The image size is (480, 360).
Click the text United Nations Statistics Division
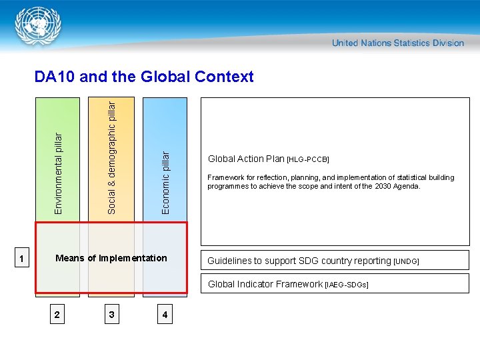[398, 43]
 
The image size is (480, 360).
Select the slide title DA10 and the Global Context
[144, 77]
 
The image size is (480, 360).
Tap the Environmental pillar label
[58, 173]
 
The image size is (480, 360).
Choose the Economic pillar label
[166, 181]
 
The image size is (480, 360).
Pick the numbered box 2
[59, 314]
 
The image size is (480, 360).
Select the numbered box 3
[112, 314]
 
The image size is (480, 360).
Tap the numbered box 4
[165, 314]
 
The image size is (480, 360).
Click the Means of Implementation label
[111, 258]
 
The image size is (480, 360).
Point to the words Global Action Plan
[246, 159]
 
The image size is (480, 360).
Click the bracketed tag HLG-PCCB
[308, 160]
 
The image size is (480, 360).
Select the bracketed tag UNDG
[406, 261]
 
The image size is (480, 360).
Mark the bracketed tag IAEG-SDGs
[347, 285]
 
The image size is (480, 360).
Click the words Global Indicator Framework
[265, 284]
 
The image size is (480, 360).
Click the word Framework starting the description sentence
[226, 177]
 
